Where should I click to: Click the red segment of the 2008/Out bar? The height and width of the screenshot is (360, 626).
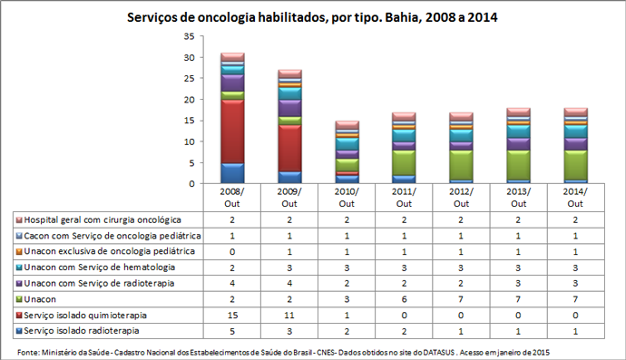(x=232, y=131)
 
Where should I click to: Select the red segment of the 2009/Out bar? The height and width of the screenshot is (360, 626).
(x=289, y=148)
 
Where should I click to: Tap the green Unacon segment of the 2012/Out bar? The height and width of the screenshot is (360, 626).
(x=461, y=164)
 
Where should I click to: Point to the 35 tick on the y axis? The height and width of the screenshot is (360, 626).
(x=189, y=36)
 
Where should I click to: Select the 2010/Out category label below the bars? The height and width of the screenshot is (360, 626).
(x=347, y=198)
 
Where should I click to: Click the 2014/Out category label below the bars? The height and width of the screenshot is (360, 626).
(x=575, y=198)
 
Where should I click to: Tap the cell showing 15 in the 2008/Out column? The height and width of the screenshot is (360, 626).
(x=232, y=314)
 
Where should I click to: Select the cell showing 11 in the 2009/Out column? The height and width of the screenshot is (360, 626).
(x=289, y=314)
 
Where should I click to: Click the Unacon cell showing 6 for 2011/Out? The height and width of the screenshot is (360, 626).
(x=404, y=298)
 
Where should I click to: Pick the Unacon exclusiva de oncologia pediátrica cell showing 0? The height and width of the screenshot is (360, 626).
(x=232, y=251)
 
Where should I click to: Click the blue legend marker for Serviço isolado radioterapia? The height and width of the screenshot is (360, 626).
(x=18, y=330)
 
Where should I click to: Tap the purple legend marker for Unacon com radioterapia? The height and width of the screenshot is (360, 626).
(x=18, y=283)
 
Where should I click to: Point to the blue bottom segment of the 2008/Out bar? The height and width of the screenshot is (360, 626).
(x=232, y=173)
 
